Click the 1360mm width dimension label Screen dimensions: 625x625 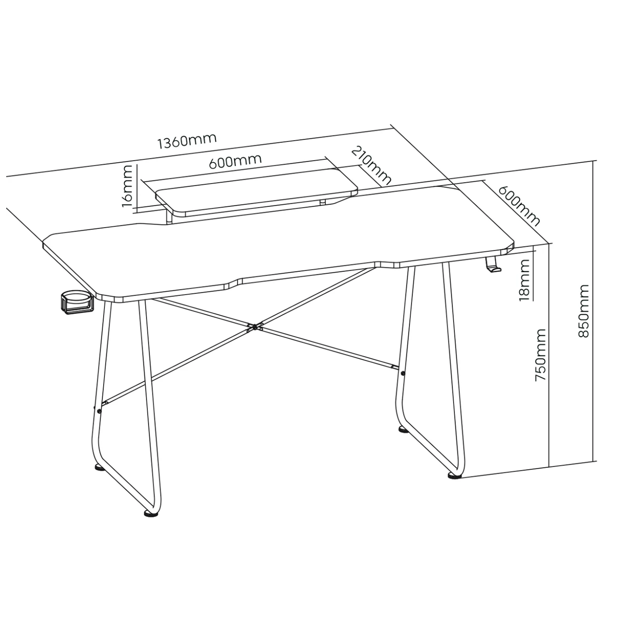pos(187,142)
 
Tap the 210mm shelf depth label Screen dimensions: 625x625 pos(371,166)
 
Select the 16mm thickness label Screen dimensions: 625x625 pos(127,186)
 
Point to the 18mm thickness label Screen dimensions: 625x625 pos(524,280)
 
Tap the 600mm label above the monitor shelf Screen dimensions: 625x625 pos(235,161)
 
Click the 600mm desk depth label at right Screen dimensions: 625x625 pos(519,206)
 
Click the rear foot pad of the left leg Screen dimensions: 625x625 pos(99,468)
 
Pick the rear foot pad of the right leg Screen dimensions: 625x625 pos(403,430)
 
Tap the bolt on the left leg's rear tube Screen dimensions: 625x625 pos(99,411)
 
